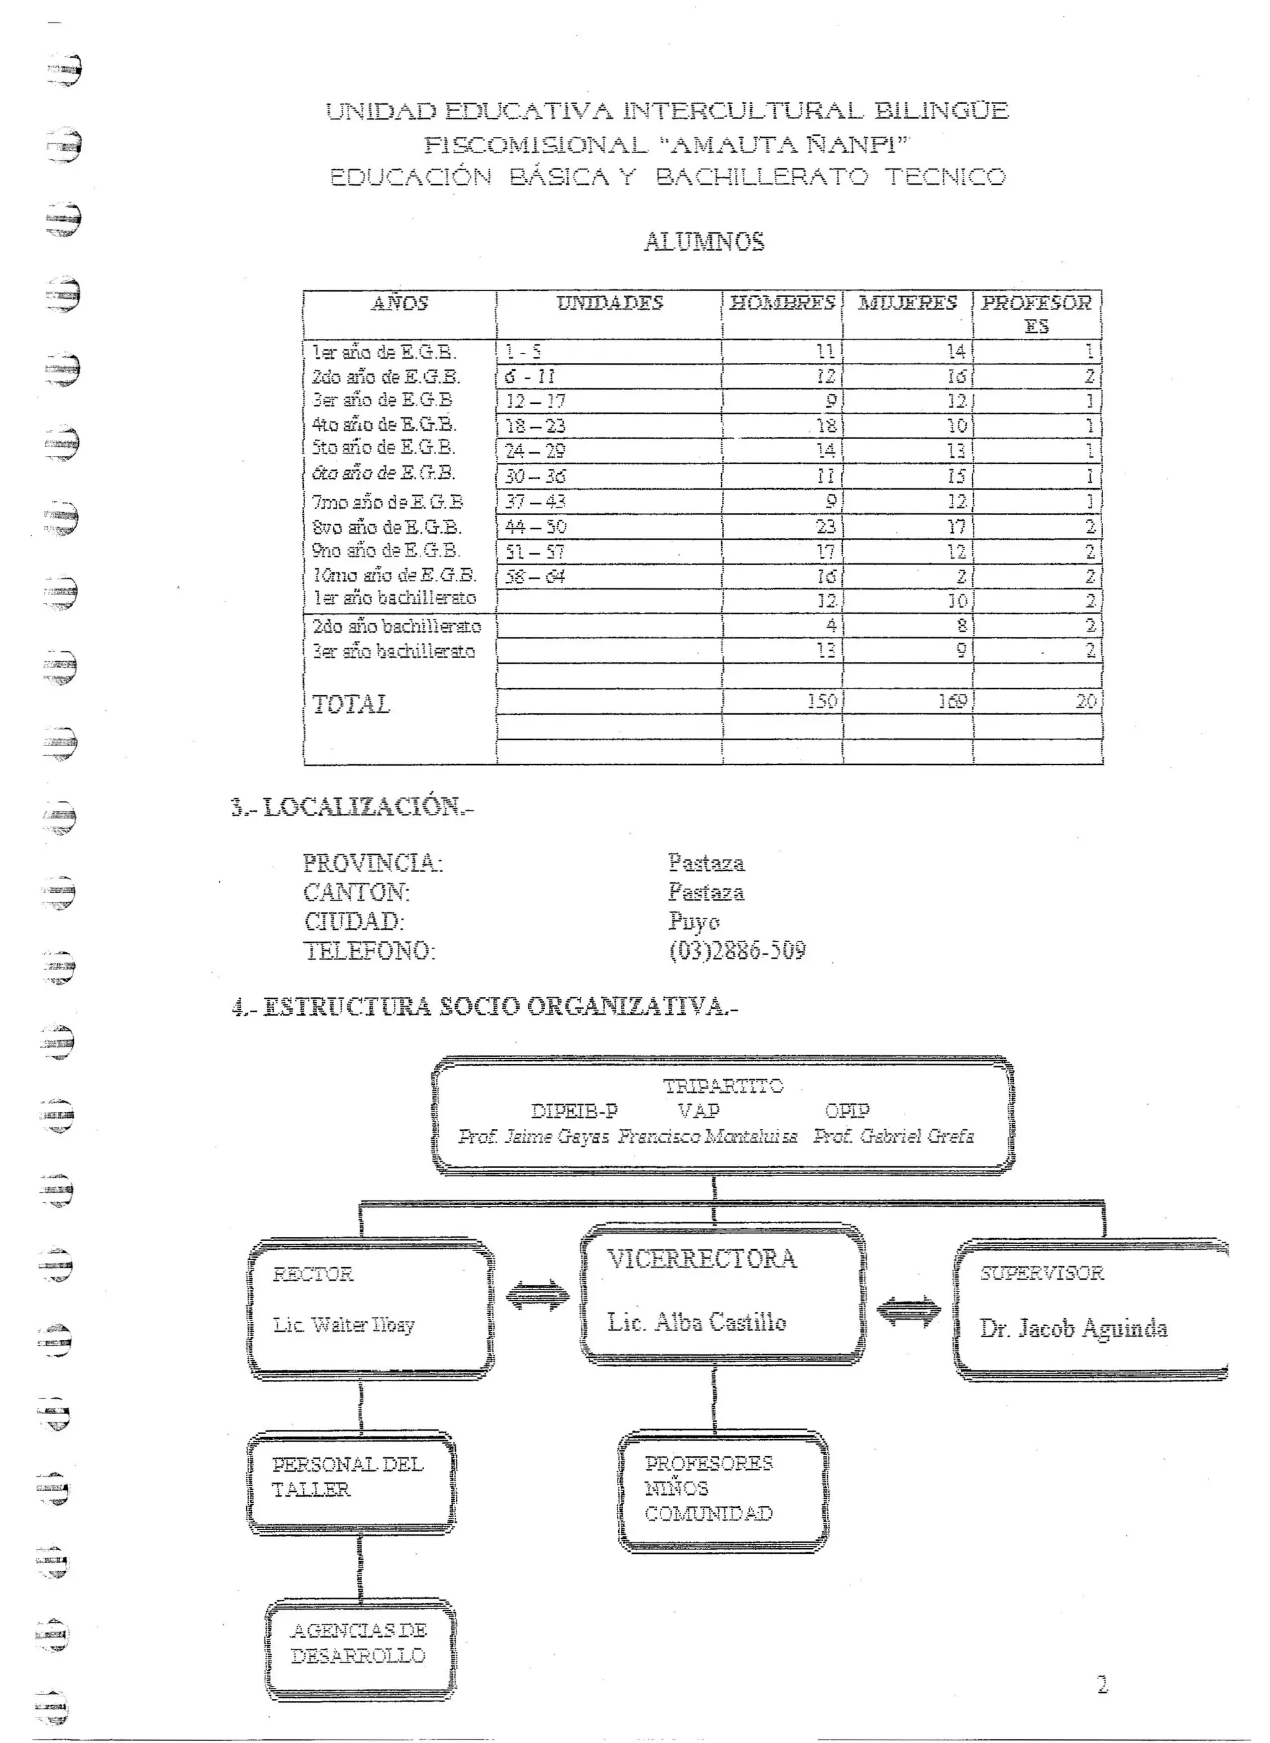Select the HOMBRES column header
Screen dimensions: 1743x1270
point(782,303)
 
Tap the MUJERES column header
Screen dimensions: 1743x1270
point(907,303)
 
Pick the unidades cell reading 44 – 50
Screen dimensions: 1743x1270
point(535,527)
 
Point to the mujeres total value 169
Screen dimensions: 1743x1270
point(952,701)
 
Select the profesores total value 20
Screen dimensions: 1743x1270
point(1085,701)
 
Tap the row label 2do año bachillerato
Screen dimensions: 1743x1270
point(396,626)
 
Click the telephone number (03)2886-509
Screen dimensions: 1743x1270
point(737,951)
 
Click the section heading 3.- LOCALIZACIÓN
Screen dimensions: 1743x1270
point(352,806)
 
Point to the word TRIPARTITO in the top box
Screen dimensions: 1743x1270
point(722,1086)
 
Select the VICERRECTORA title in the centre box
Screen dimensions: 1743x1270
point(702,1259)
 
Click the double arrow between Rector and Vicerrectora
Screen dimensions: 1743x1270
point(538,1296)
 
